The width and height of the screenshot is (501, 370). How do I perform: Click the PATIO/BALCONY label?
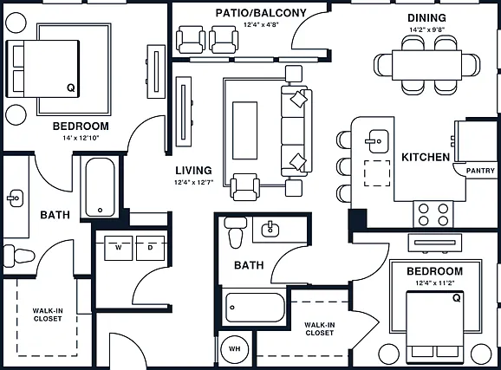pyautogui.click(x=261, y=13)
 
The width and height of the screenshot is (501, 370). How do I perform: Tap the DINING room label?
pyautogui.click(x=426, y=18)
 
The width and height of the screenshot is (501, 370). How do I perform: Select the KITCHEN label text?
pyautogui.click(x=426, y=157)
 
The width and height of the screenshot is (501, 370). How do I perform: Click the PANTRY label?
pyautogui.click(x=480, y=171)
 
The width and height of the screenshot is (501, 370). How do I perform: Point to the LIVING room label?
pyautogui.click(x=193, y=171)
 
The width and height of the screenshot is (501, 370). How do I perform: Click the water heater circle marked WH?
pyautogui.click(x=235, y=349)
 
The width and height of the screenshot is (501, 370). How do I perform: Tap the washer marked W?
pyautogui.click(x=118, y=248)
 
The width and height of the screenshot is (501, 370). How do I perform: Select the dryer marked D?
pyautogui.click(x=150, y=248)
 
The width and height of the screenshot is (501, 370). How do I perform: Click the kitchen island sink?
pyautogui.click(x=377, y=141)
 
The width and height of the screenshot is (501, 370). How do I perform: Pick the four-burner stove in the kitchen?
pyautogui.click(x=433, y=214)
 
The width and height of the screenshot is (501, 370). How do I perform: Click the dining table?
pyautogui.click(x=426, y=65)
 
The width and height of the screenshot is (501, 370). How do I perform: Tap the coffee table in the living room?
pyautogui.click(x=244, y=130)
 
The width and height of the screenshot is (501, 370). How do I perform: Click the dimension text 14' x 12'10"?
pyautogui.click(x=81, y=138)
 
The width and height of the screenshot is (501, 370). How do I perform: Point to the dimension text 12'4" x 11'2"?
pyautogui.click(x=435, y=282)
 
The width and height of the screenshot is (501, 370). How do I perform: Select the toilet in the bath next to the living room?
pyautogui.click(x=236, y=232)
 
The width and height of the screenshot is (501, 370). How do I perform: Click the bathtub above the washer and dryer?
pyautogui.click(x=100, y=187)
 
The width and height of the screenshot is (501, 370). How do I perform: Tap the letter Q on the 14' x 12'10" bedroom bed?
pyautogui.click(x=71, y=88)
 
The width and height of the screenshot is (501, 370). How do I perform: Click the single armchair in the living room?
pyautogui.click(x=245, y=187)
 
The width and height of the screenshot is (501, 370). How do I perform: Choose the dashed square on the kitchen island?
pyautogui.click(x=377, y=172)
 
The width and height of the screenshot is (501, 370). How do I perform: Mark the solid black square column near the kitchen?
pyautogui.click(x=357, y=219)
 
